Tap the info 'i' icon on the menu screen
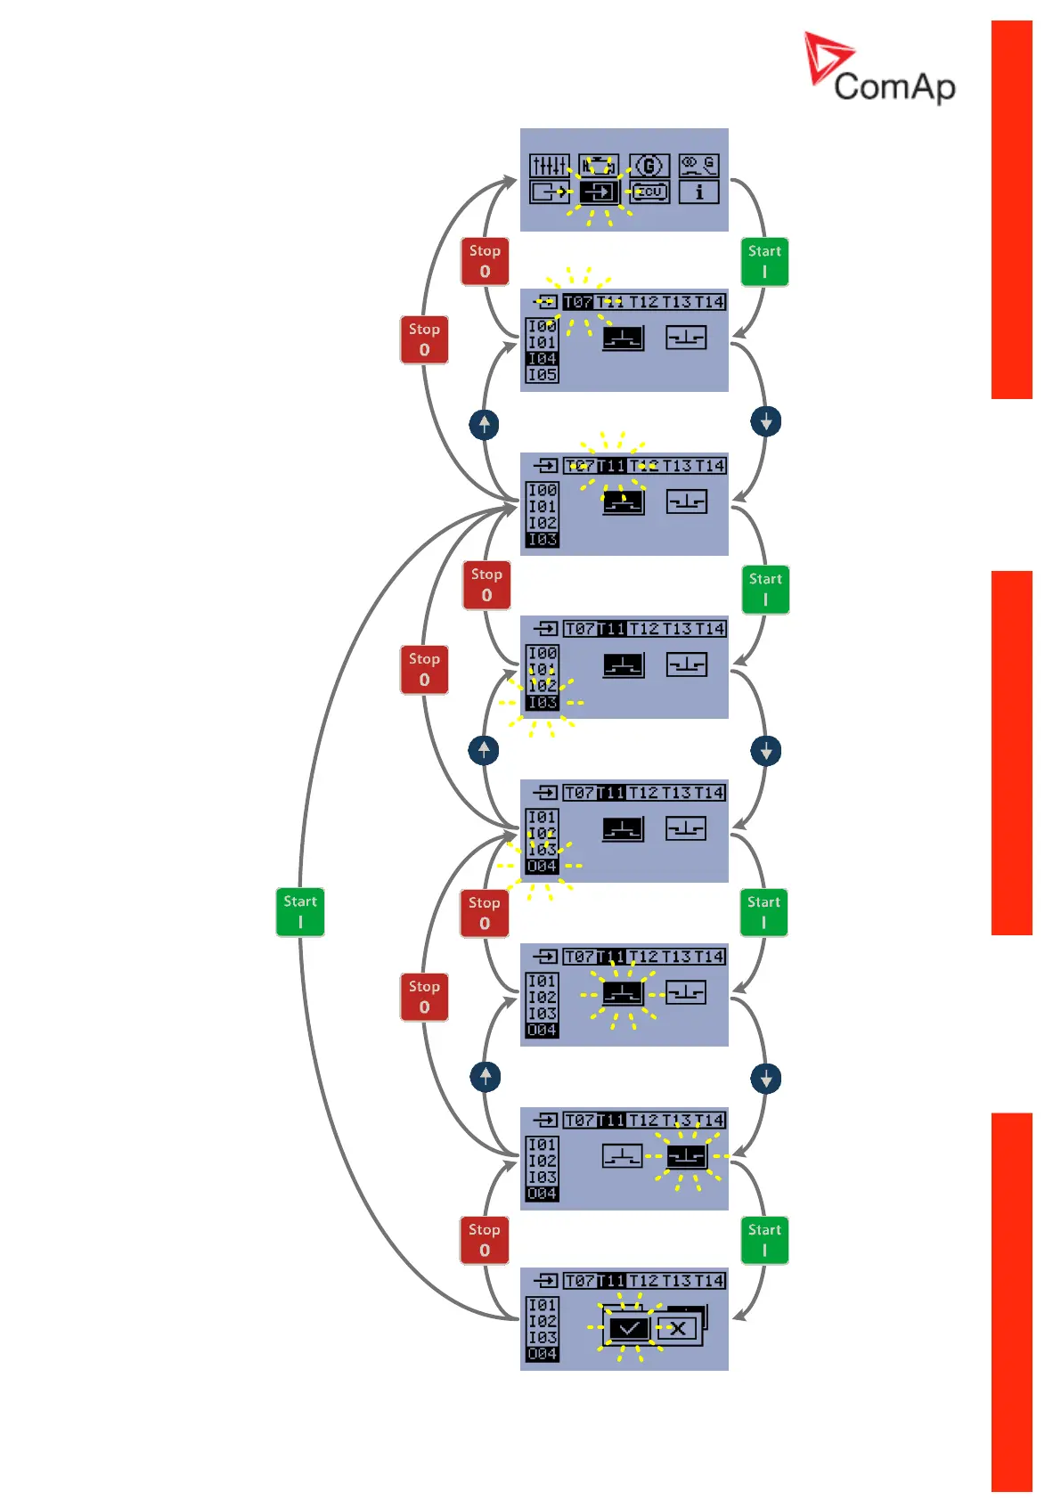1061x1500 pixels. pos(698,192)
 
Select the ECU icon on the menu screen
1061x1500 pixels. pos(649,192)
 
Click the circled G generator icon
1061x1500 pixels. pos(649,166)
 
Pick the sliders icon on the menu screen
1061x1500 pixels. pos(549,166)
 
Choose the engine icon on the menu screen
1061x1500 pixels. pos(599,166)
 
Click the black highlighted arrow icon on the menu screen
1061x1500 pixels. pos(599,192)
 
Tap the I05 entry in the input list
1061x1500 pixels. pos(542,375)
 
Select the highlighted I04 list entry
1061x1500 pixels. pos(542,359)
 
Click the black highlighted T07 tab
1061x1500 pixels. pos(577,302)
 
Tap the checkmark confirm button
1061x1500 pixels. pos(629,1329)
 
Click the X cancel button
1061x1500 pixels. pos(678,1329)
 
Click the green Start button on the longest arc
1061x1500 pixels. pos(300,911)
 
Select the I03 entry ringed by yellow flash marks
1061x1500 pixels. pos(542,703)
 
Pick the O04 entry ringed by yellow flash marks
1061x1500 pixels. pos(542,866)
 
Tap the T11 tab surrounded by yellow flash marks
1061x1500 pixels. pos(611,466)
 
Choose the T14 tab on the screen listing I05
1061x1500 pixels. pos(710,302)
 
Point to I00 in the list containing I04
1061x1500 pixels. pos(542,326)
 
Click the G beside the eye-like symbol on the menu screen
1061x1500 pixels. pos(709,164)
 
